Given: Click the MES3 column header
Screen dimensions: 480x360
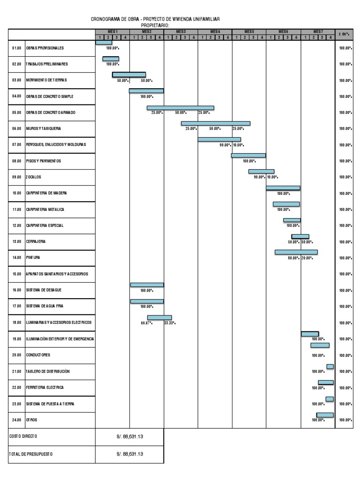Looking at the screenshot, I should point(181,31).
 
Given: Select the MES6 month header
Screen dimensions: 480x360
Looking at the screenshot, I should point(283,31).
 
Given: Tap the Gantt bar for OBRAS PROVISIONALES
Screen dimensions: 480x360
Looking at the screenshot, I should point(104,42).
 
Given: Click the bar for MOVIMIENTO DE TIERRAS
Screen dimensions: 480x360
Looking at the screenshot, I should point(129,75).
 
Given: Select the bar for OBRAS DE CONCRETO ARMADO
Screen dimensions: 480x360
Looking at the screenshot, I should point(180,108).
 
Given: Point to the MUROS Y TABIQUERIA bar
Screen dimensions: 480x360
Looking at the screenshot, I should point(216,124).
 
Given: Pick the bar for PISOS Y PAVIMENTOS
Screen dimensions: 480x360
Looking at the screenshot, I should point(248,156).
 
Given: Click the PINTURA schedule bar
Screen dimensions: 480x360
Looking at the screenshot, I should point(296,252).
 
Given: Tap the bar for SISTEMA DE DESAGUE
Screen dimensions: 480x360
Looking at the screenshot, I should point(147,285).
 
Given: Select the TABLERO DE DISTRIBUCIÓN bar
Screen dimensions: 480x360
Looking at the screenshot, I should point(330,366).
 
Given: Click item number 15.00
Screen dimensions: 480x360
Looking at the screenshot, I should point(17,274).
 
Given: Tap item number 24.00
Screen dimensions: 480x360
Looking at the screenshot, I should point(17,420).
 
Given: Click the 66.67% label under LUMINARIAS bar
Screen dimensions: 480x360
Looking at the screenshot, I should point(147,323).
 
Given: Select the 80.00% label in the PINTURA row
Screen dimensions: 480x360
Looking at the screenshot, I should point(294,258).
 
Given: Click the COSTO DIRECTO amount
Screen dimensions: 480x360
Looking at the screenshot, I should point(130,436).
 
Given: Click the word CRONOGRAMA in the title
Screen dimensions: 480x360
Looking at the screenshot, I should point(106,19).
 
